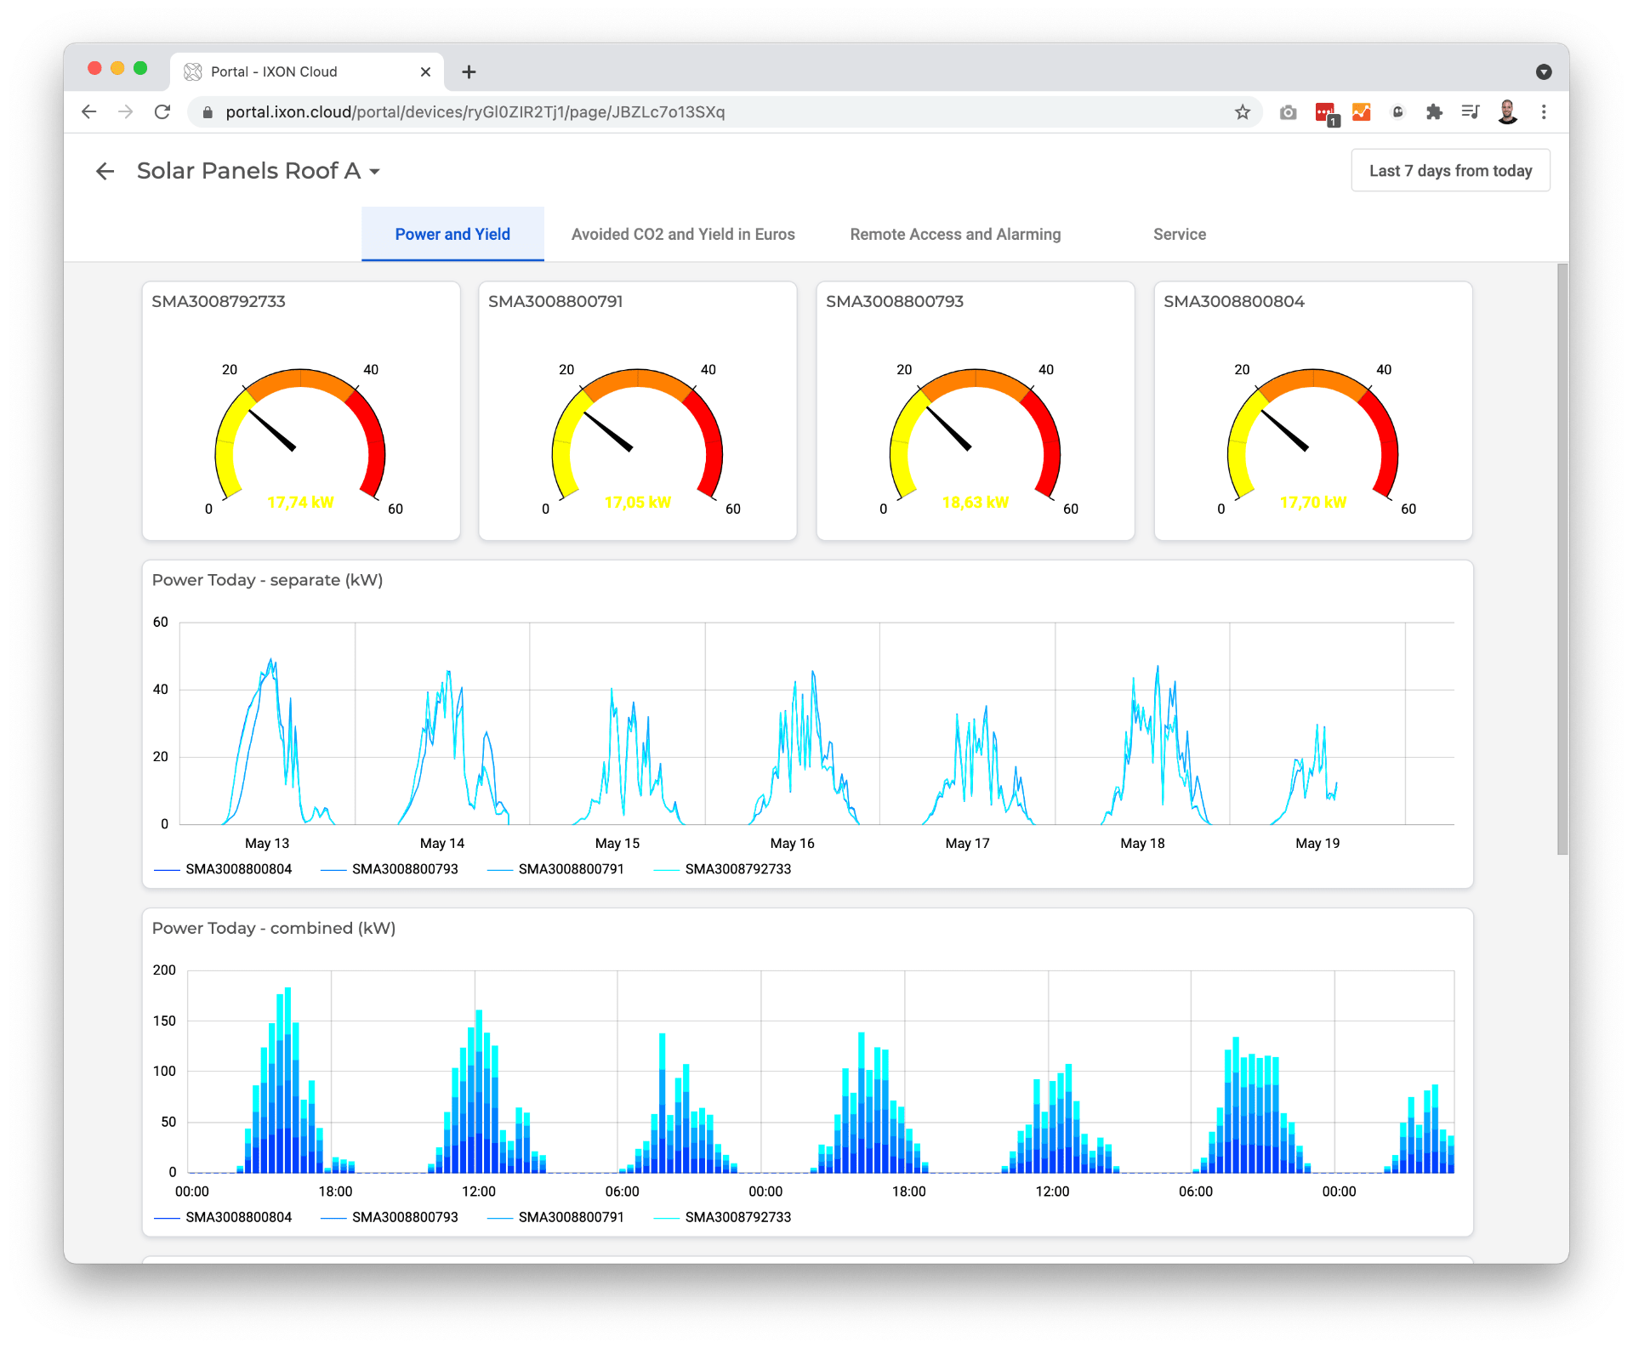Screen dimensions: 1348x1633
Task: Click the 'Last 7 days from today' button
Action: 1450,171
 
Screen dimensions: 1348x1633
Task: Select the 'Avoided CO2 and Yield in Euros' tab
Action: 683,235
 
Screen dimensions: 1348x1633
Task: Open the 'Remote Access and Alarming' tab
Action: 955,235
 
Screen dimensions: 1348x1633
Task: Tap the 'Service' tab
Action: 1179,235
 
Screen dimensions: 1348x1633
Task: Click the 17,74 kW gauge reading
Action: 300,503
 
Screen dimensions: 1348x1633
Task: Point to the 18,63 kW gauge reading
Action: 975,503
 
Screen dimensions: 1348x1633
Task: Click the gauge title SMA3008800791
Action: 555,302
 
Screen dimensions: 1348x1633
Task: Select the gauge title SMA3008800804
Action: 1233,302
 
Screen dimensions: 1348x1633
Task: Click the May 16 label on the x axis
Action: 792,844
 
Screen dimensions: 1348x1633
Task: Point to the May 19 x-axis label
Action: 1317,844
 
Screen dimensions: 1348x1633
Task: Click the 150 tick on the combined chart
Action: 164,1021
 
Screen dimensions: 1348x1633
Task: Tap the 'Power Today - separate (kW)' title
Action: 267,580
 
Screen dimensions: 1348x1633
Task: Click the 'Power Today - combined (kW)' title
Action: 273,929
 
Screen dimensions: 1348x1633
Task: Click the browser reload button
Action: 162,112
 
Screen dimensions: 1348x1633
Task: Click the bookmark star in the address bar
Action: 1243,112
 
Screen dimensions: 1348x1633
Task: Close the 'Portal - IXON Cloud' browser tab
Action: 425,72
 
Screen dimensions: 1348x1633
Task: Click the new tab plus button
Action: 469,72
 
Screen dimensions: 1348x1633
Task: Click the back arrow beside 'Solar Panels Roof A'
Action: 105,172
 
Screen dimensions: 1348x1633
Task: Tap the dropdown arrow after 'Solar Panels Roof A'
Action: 374,172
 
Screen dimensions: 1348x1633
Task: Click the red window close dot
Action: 94,68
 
